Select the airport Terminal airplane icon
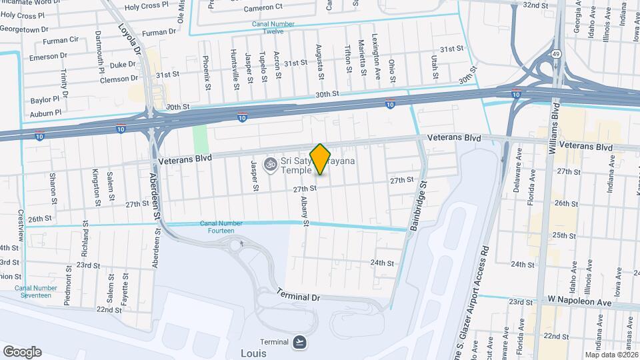[x=300, y=342]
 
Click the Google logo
[x=22, y=351]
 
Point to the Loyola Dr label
[x=131, y=42]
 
